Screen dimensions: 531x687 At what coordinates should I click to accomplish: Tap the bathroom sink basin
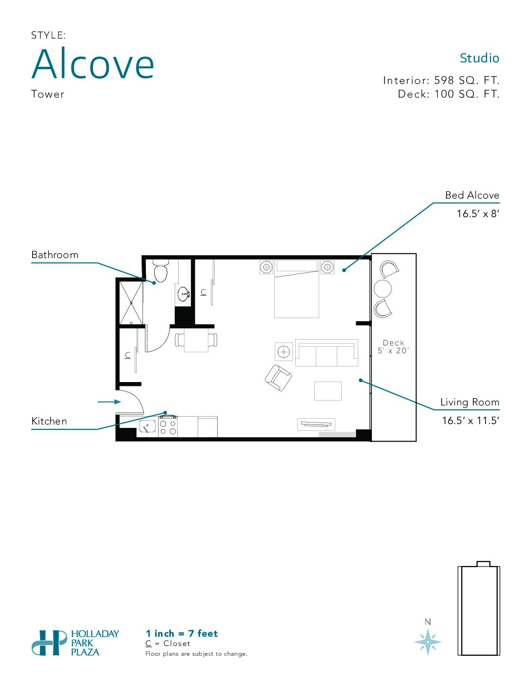pyautogui.click(x=184, y=294)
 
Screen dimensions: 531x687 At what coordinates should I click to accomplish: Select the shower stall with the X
pyautogui.click(x=131, y=303)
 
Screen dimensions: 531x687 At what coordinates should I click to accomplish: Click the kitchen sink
pyautogui.click(x=147, y=427)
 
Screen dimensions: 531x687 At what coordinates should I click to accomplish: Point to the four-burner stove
pyautogui.click(x=167, y=426)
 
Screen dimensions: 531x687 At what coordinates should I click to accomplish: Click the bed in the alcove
pyautogui.click(x=297, y=289)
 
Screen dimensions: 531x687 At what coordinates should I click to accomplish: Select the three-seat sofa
pyautogui.click(x=327, y=353)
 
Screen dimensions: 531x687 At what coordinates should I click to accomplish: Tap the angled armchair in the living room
pyautogui.click(x=278, y=378)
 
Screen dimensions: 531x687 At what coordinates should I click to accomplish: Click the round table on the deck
pyautogui.click(x=383, y=288)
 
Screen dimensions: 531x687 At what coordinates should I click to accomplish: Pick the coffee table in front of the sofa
pyautogui.click(x=327, y=391)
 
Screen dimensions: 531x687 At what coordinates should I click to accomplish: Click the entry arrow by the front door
pyautogui.click(x=109, y=402)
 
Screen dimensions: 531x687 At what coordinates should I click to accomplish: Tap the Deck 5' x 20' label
pyautogui.click(x=393, y=346)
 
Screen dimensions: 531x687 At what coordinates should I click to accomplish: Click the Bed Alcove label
pyautogui.click(x=472, y=195)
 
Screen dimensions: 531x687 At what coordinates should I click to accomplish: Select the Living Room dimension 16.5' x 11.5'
pyautogui.click(x=470, y=421)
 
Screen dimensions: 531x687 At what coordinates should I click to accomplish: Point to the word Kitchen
pyautogui.click(x=49, y=421)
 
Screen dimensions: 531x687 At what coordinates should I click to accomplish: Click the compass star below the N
pyautogui.click(x=428, y=642)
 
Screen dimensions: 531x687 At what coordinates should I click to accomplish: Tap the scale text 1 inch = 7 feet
pyautogui.click(x=182, y=633)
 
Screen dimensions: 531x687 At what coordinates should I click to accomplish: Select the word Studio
pyautogui.click(x=479, y=58)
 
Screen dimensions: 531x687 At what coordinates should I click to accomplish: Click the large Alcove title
pyautogui.click(x=93, y=63)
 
